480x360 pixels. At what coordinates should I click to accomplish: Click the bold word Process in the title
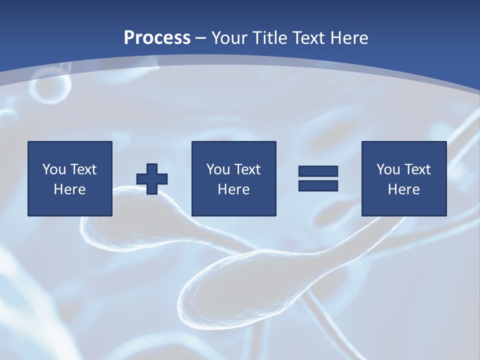157,37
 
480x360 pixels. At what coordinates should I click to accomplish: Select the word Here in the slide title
349,37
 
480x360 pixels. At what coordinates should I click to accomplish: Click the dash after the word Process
201,38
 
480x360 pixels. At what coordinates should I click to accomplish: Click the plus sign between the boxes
152,178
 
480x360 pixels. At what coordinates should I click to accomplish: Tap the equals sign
318,178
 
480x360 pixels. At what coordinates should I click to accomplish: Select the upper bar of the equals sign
318,171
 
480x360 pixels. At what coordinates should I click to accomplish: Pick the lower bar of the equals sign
318,185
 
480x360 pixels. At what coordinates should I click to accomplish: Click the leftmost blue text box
69,178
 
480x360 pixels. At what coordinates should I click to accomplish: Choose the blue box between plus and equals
233,178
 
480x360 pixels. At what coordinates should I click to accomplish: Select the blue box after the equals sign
403,178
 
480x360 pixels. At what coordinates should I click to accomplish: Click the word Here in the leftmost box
69,189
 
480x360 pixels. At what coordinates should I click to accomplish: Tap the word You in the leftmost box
54,169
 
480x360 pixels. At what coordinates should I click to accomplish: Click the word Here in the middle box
233,189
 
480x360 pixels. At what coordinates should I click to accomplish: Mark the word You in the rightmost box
388,169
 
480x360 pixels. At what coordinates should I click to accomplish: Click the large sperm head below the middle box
220,290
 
